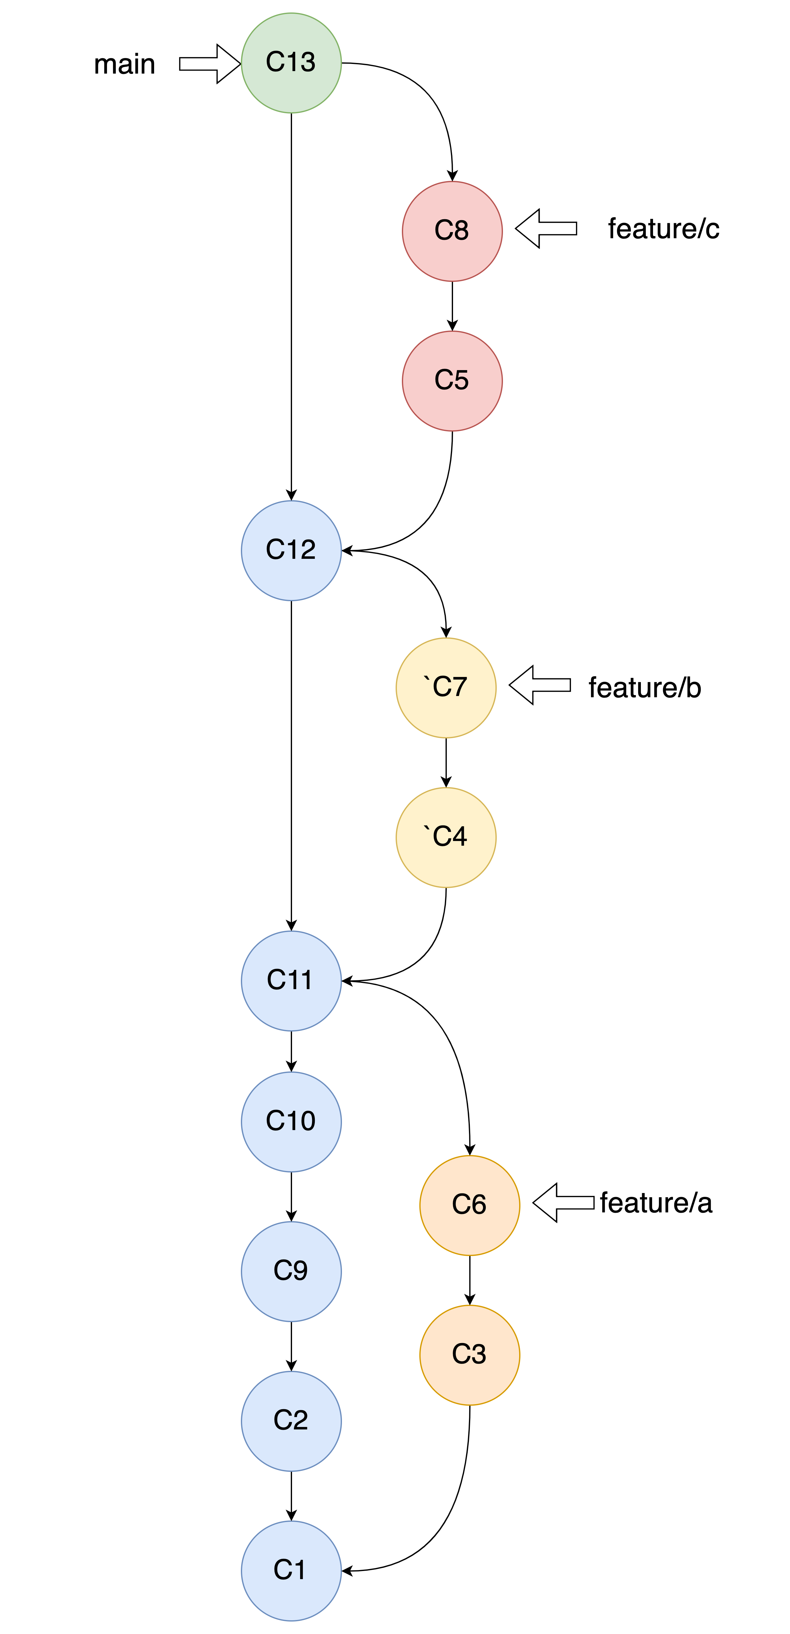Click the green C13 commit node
click(291, 63)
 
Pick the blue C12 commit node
click(291, 551)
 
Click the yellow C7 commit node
click(446, 688)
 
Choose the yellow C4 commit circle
click(446, 837)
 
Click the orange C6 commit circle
click(470, 1205)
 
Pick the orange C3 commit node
click(470, 1355)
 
